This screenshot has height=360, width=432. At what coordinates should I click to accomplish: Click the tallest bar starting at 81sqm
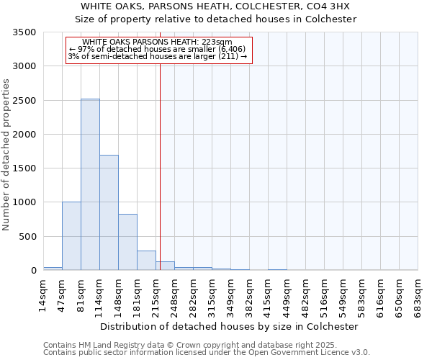(90, 184)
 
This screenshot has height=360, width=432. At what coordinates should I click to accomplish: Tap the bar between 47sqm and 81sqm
(71, 236)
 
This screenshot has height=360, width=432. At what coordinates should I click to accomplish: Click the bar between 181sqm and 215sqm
(146, 261)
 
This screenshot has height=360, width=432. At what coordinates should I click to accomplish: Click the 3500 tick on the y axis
(24, 33)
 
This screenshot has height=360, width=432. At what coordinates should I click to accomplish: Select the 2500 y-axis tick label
(24, 101)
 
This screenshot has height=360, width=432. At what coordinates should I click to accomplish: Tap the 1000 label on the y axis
(24, 202)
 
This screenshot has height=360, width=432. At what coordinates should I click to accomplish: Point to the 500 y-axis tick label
(27, 237)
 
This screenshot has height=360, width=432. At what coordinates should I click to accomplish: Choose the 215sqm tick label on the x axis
(156, 294)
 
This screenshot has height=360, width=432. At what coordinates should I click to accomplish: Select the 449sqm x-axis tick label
(287, 294)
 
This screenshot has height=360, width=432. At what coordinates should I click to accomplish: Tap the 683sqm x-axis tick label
(418, 294)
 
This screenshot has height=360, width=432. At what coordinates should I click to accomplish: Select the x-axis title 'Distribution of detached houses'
(229, 326)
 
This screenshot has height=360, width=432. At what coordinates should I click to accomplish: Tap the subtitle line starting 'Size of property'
(216, 19)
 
